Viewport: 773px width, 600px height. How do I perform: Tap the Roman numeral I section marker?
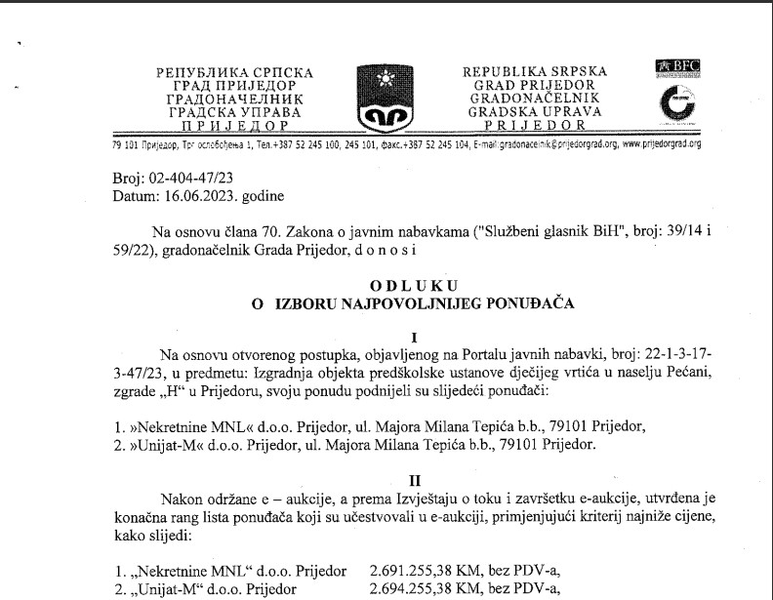[x=414, y=335]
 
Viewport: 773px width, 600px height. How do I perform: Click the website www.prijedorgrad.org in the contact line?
[x=662, y=143]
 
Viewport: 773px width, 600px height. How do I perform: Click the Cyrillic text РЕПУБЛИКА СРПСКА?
[x=234, y=73]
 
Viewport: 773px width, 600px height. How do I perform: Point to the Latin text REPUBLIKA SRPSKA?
[x=534, y=72]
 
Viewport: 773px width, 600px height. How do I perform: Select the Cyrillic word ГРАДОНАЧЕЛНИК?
[x=235, y=99]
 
